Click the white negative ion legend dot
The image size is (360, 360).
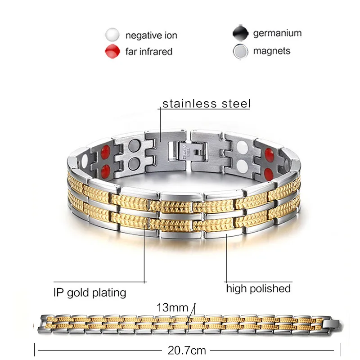(x=112, y=35)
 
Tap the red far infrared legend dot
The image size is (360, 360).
(x=112, y=51)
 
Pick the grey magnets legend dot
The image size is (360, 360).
(x=240, y=51)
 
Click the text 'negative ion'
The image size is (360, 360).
(x=151, y=36)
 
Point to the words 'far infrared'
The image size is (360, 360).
(x=149, y=51)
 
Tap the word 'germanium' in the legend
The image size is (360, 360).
(x=277, y=33)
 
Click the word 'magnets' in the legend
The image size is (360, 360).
(x=271, y=51)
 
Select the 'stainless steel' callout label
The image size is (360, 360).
(x=207, y=103)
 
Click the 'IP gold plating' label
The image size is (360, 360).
(x=88, y=293)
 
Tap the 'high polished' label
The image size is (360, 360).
(x=258, y=288)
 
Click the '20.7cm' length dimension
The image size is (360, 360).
(x=187, y=349)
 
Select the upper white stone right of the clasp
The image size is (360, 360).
(x=241, y=147)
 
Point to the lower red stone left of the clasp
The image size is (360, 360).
(x=106, y=170)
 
